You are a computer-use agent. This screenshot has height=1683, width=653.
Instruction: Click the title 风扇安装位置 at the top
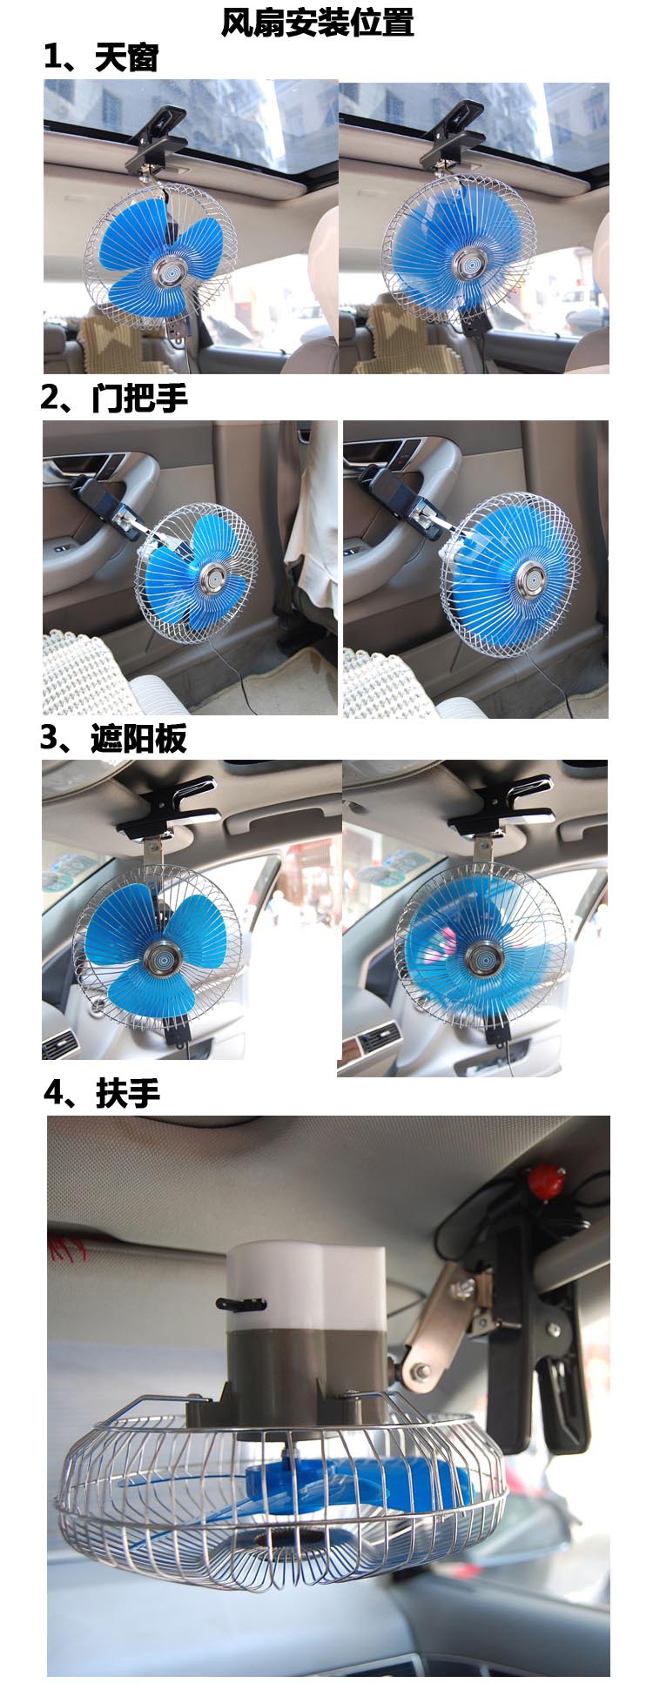pos(317,22)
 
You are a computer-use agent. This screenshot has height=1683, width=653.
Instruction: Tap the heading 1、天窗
pos(101,57)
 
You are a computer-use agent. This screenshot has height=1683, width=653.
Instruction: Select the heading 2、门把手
pos(114,398)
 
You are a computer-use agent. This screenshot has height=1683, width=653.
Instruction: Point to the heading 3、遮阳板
pos(113,738)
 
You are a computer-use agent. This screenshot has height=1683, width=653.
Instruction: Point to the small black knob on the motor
pos(240,1304)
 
